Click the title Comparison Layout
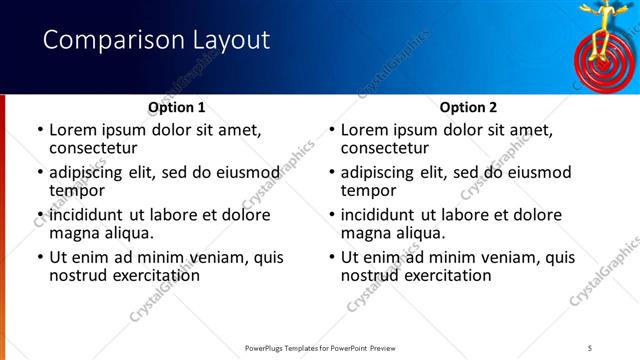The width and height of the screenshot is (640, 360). [157, 40]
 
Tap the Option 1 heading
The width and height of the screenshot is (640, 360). [177, 107]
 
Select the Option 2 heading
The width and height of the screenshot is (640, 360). [469, 107]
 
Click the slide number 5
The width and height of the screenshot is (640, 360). [590, 347]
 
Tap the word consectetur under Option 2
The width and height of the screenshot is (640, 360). [385, 148]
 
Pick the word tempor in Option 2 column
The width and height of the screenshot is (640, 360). [368, 191]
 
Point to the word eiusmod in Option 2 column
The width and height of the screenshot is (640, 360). [538, 172]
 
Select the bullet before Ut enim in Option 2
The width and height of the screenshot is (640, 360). [332, 257]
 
